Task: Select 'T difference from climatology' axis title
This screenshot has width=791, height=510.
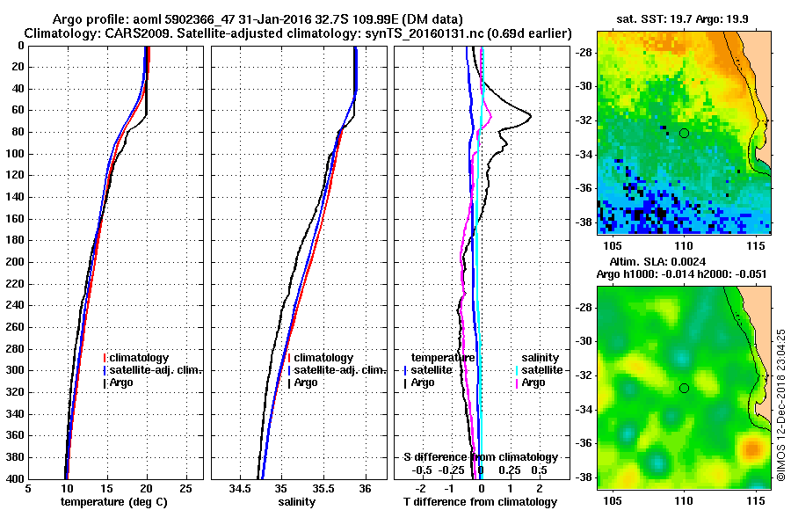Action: (x=479, y=502)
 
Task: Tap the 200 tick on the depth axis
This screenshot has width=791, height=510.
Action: (x=15, y=262)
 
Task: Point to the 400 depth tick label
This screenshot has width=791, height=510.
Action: (x=15, y=479)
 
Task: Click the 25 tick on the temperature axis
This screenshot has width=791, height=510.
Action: (x=185, y=489)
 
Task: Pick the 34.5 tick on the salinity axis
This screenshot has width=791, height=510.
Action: (x=240, y=489)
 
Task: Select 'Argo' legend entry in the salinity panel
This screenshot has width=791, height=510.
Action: (x=306, y=382)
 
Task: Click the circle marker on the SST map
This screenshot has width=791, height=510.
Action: (x=684, y=133)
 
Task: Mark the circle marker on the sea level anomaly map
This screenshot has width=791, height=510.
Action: (x=684, y=388)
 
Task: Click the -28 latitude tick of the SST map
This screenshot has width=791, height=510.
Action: (x=583, y=53)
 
